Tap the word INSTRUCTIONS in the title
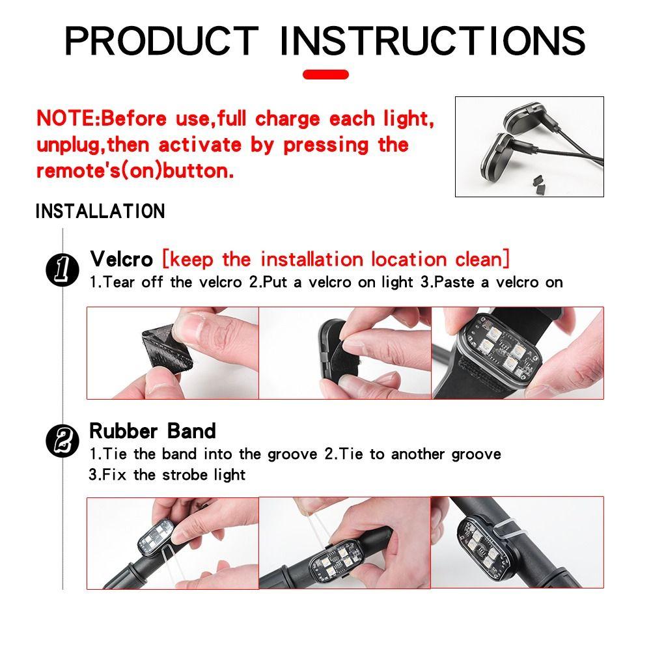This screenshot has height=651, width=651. point(432,40)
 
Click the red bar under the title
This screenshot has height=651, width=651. point(325,74)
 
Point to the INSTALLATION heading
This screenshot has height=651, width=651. point(100,212)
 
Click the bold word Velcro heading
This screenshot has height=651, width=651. point(121,259)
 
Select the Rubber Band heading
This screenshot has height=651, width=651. point(152,431)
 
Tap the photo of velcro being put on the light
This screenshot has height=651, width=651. point(345,352)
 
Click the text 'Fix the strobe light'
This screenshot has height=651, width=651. point(167,475)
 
